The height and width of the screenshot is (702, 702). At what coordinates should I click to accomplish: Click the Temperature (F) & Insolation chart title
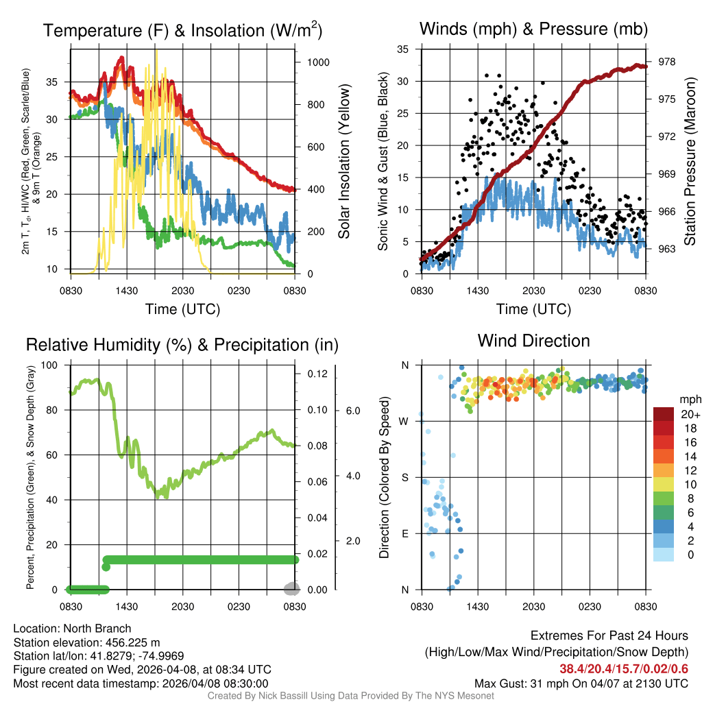point(182,30)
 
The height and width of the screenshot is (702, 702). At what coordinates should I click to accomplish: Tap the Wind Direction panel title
point(533,341)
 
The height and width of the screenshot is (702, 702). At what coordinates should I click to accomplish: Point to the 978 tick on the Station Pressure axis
point(666,62)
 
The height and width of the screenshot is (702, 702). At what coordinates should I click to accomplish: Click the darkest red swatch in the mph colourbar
point(665,414)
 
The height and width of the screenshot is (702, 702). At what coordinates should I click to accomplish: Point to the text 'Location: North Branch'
point(72,628)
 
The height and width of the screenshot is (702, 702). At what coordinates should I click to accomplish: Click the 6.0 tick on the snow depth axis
point(352,411)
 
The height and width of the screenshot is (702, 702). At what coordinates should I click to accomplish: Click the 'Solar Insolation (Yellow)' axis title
point(343,162)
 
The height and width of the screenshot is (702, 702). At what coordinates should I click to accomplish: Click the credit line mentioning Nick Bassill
point(351,696)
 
